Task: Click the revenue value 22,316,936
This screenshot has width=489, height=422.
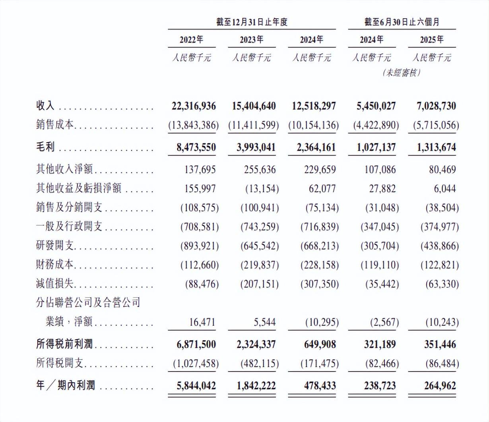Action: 194,106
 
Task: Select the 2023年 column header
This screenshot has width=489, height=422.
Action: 251,40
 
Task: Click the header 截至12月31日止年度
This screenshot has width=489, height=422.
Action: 251,22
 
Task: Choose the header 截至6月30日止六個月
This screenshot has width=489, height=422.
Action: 402,22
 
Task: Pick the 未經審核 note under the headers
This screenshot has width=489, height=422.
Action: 402,73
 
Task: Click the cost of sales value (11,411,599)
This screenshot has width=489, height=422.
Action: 254,125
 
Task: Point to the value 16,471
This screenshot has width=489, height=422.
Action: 202,322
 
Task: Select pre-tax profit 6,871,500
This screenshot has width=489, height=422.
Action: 196,344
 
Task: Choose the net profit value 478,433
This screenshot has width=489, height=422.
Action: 317,385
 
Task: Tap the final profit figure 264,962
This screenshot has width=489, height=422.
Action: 437,385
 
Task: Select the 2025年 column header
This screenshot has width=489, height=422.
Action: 432,40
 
